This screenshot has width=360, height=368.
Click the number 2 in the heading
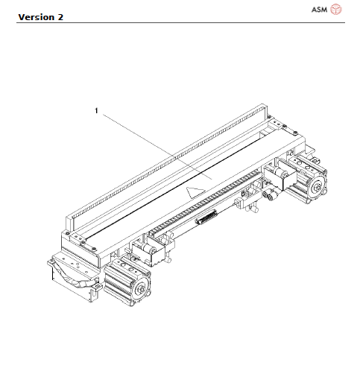(59, 16)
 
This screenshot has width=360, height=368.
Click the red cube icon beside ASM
(336, 9)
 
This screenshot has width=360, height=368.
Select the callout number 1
(96, 111)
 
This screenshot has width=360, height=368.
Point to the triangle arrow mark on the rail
(196, 192)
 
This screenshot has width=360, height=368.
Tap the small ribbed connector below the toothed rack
(206, 219)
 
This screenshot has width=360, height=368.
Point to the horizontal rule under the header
(180, 23)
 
